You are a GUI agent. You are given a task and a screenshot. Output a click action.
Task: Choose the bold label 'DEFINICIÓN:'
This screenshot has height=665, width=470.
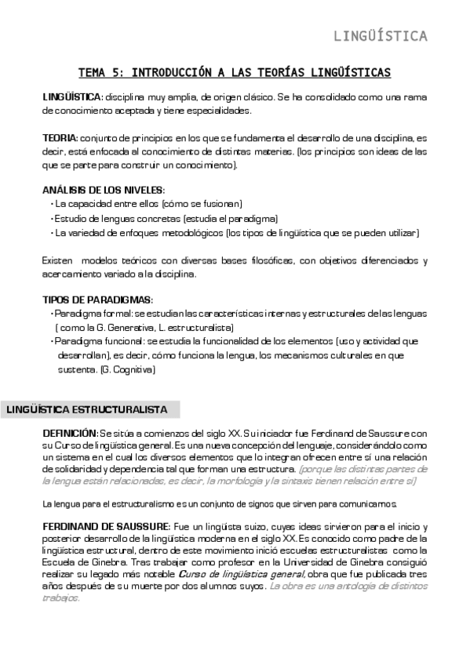70,433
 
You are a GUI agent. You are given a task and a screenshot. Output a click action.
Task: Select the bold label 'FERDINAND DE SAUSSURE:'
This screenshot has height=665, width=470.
104,525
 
